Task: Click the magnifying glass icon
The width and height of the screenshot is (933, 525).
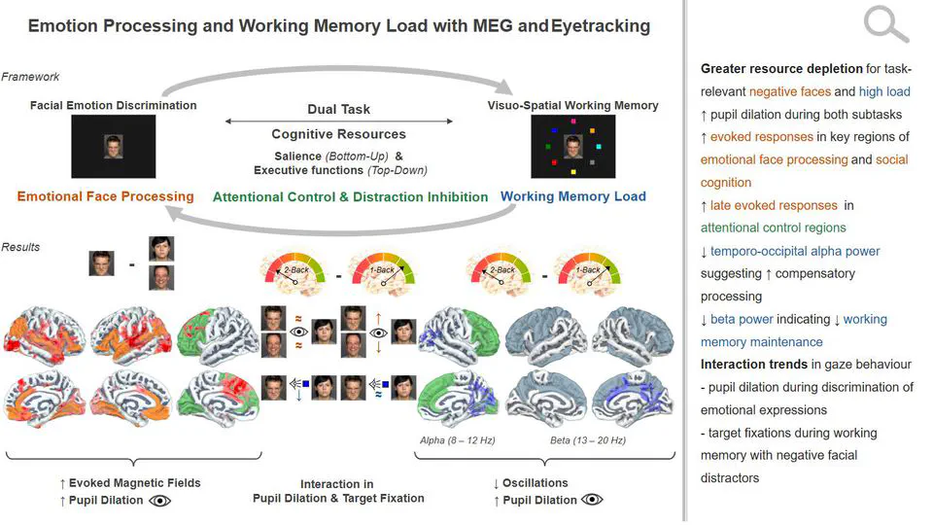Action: (884, 22)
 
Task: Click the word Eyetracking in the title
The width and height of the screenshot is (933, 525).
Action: (601, 26)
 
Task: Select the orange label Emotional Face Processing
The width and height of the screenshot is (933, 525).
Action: (105, 196)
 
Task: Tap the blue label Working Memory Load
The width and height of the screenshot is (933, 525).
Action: (572, 196)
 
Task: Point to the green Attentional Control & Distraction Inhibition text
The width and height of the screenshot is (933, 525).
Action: (350, 197)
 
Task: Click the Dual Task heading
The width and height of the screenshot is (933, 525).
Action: (338, 110)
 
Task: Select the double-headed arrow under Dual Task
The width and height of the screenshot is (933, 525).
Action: (338, 122)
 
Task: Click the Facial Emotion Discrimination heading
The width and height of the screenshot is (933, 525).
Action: (113, 105)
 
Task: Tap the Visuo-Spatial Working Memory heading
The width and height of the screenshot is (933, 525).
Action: (573, 105)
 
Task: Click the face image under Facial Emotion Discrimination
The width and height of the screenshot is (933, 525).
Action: (113, 146)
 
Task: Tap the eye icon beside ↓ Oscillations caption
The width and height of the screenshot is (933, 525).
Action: (591, 500)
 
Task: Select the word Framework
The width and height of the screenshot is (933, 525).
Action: (30, 77)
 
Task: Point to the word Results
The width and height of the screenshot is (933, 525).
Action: (21, 247)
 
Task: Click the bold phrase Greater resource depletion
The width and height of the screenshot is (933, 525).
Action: (781, 69)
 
